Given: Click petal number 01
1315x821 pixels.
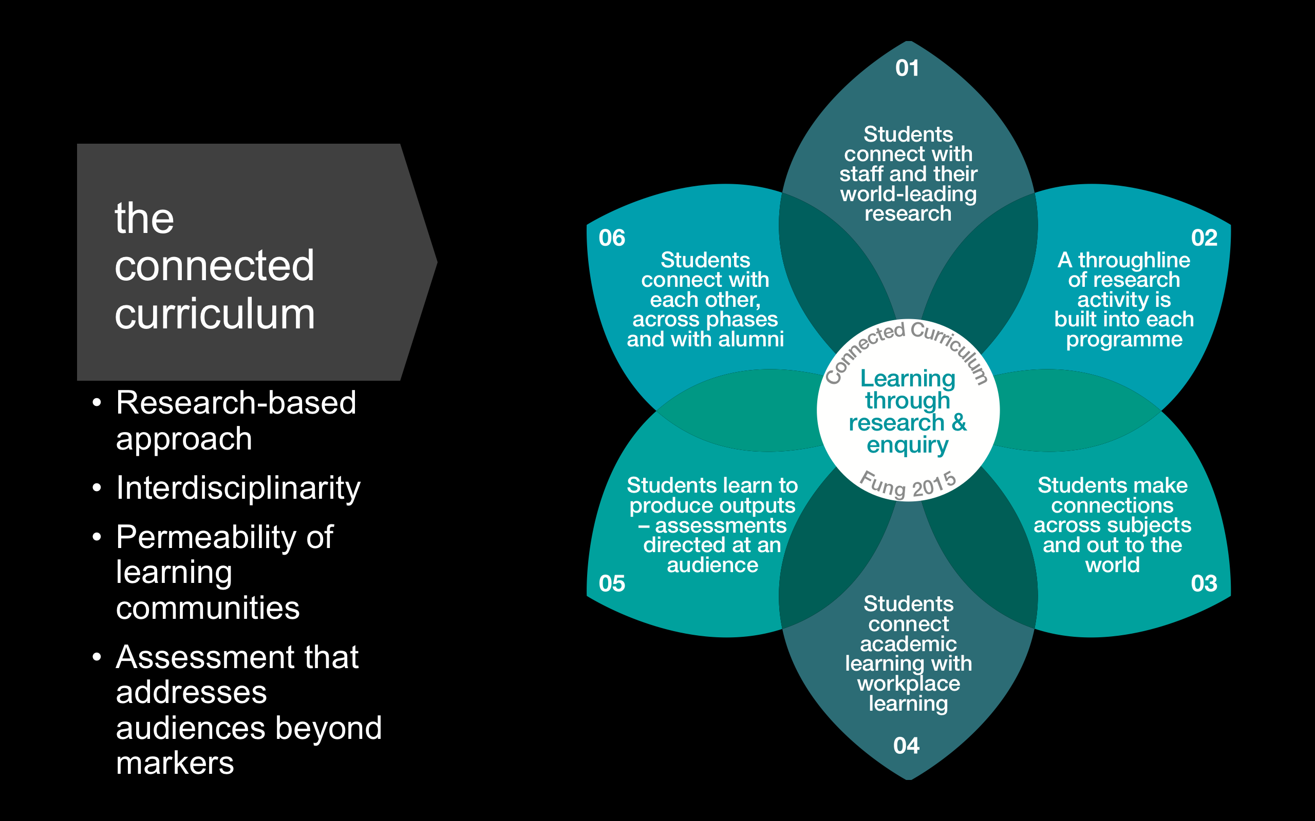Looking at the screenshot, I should (x=907, y=68).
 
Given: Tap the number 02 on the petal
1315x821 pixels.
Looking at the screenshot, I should (x=1204, y=238).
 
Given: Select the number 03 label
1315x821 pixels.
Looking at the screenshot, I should (x=1204, y=584).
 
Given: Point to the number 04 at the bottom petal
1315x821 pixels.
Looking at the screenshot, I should (x=906, y=746).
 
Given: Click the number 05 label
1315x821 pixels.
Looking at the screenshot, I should (x=612, y=584).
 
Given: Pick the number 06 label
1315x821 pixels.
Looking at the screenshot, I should (x=612, y=238).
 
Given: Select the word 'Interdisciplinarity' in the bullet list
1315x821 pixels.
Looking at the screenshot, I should (x=238, y=487).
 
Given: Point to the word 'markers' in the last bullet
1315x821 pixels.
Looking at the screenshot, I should (x=175, y=763).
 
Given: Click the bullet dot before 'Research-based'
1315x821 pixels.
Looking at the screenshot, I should (x=97, y=403).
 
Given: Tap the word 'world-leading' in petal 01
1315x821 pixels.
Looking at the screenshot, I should (x=908, y=194).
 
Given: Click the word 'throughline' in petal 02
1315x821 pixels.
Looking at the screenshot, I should (x=1134, y=260).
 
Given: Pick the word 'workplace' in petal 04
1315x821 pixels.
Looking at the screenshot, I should (x=908, y=683).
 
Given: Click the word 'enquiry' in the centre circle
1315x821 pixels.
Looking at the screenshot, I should (x=907, y=445).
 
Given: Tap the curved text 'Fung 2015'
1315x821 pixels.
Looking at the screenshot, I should (x=908, y=484).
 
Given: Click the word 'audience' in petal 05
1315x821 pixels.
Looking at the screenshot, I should (x=712, y=565).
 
